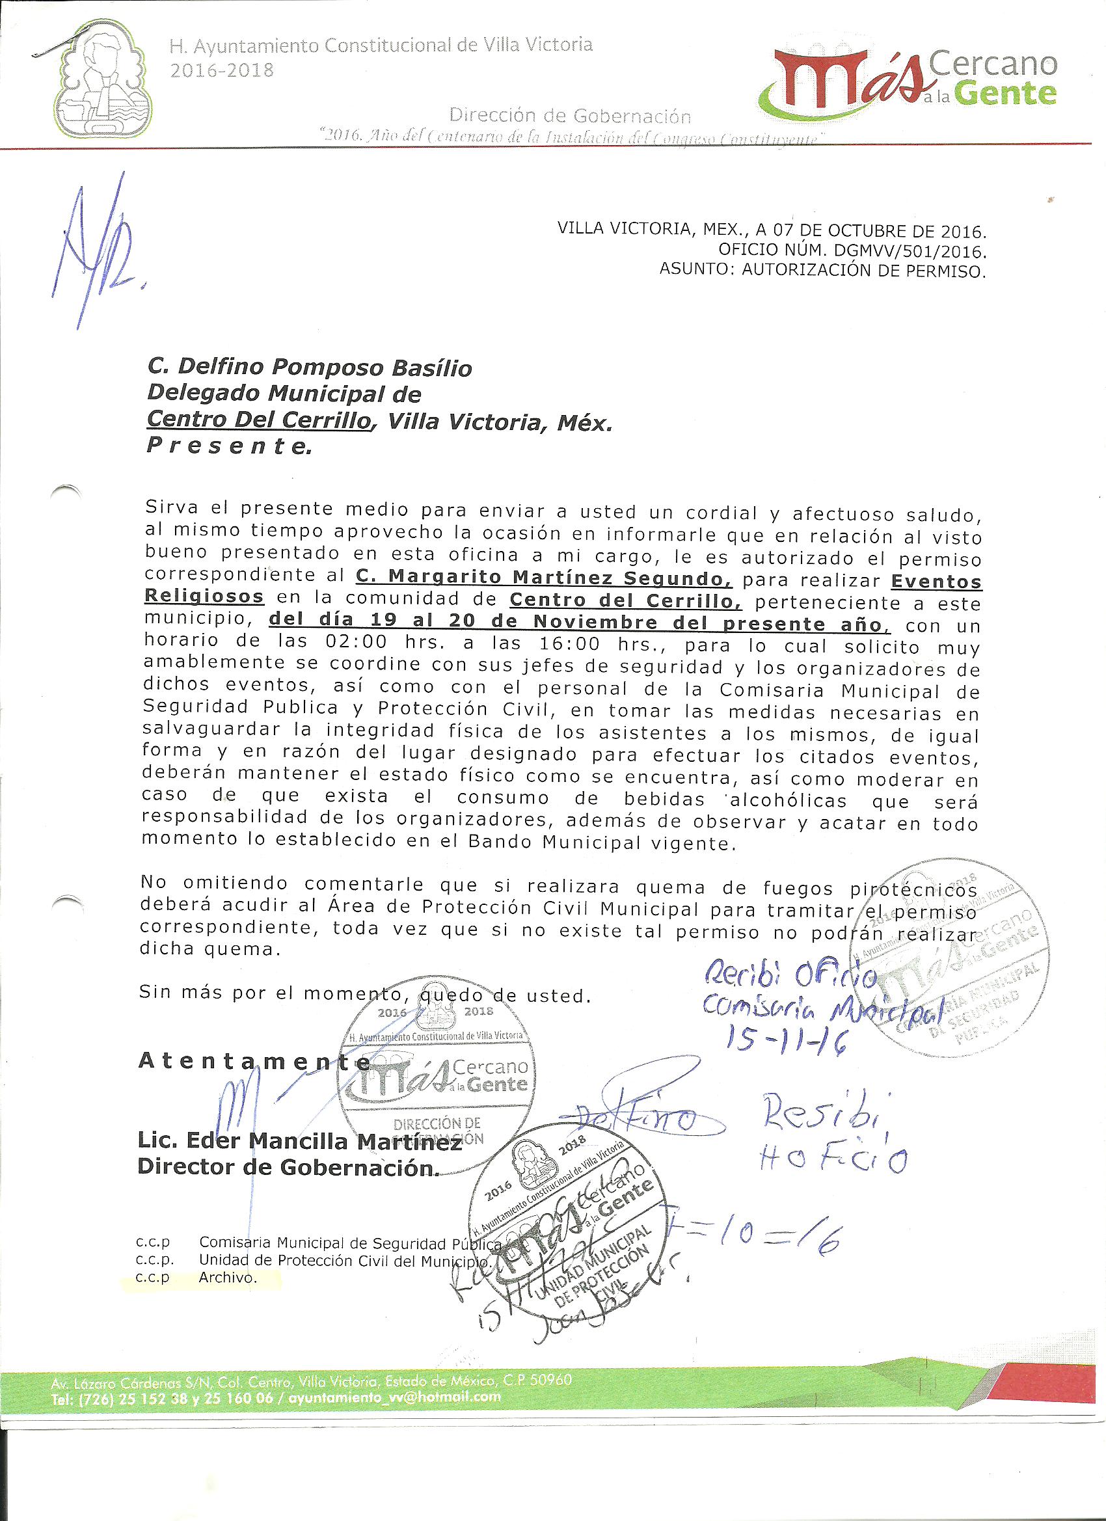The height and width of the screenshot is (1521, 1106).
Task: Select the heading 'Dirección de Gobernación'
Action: pyautogui.click(x=569, y=116)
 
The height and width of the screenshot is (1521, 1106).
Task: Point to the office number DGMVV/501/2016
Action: pyautogui.click(x=898, y=252)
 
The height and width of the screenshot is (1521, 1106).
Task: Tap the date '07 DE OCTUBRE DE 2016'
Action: pyautogui.click(x=876, y=232)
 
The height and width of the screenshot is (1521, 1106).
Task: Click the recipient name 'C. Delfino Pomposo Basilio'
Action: pyautogui.click(x=309, y=368)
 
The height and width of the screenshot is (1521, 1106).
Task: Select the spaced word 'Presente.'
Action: pyautogui.click(x=229, y=446)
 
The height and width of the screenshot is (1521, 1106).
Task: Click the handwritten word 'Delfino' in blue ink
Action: pyautogui.click(x=638, y=1118)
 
